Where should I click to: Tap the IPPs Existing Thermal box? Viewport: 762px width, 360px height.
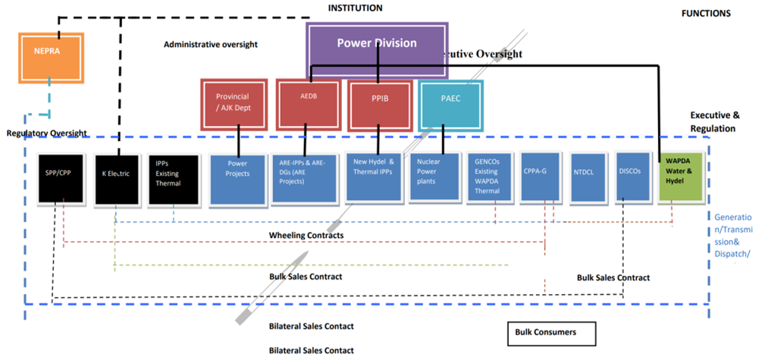[174, 179]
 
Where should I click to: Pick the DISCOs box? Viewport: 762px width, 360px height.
[632, 177]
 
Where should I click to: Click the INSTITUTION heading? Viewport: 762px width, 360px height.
[355, 8]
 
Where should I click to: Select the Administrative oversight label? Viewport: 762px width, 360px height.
[211, 45]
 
